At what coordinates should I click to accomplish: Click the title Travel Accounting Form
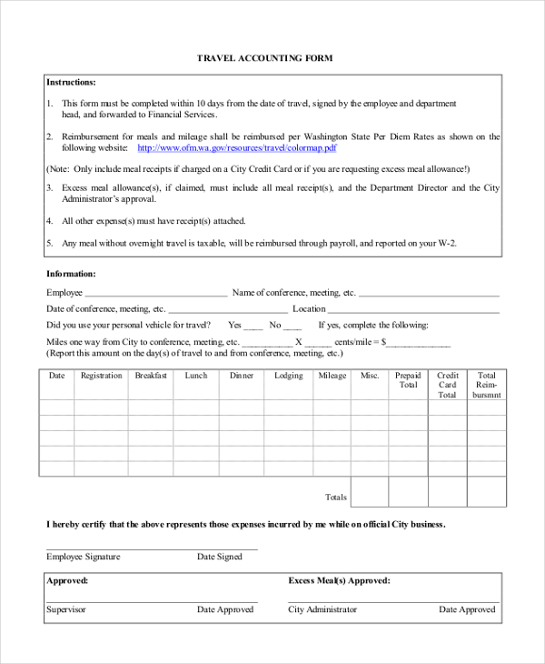(x=265, y=58)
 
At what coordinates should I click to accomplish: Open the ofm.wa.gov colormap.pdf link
(x=237, y=147)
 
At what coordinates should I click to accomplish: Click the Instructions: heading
(x=71, y=82)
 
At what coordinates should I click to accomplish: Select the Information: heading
(x=71, y=274)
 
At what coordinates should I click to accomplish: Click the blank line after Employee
(x=155, y=295)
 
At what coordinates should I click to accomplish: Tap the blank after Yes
(x=253, y=327)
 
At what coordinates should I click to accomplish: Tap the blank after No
(x=292, y=327)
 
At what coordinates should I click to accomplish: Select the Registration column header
(x=101, y=376)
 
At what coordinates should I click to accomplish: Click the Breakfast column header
(x=151, y=376)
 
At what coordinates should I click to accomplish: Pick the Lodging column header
(x=289, y=376)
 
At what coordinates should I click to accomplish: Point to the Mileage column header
(x=332, y=376)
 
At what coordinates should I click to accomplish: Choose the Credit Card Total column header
(x=447, y=386)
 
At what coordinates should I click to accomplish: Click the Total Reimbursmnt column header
(x=487, y=386)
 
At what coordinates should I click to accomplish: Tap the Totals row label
(x=336, y=498)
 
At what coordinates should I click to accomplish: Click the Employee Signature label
(x=83, y=557)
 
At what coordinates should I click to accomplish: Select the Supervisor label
(x=66, y=609)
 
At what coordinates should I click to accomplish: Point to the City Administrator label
(x=322, y=609)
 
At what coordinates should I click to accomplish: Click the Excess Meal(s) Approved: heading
(x=339, y=580)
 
